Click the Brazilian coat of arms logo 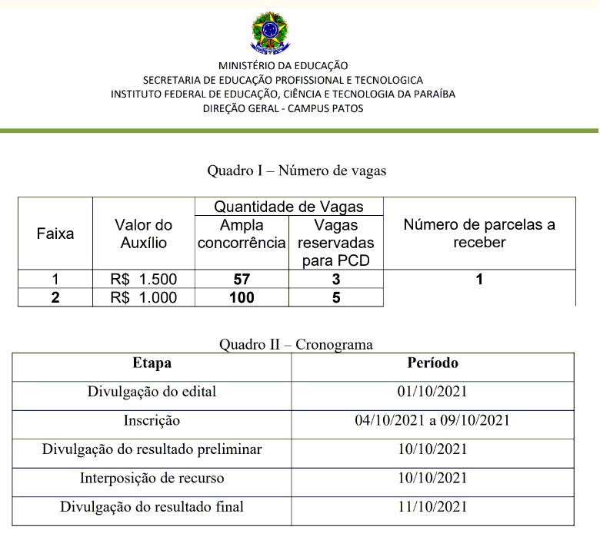pyautogui.click(x=271, y=32)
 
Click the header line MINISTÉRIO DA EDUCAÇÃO pyautogui.click(x=283, y=66)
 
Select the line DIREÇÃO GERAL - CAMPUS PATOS pyautogui.click(x=283, y=108)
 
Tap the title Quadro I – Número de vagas pyautogui.click(x=297, y=171)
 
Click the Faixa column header pyautogui.click(x=55, y=234)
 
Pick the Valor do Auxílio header pyautogui.click(x=144, y=234)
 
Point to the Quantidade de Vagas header pyautogui.click(x=288, y=207)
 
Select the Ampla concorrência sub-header pyautogui.click(x=242, y=234)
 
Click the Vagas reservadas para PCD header pyautogui.click(x=336, y=243)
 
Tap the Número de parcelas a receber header pyautogui.click(x=479, y=234)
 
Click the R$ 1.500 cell pyautogui.click(x=144, y=280)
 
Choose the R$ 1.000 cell pyautogui.click(x=144, y=297)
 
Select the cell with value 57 pyautogui.click(x=242, y=280)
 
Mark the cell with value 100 pyautogui.click(x=242, y=297)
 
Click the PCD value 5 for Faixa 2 pyautogui.click(x=336, y=297)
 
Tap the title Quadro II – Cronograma pyautogui.click(x=296, y=344)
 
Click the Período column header pyautogui.click(x=432, y=363)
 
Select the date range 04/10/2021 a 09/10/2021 pyautogui.click(x=432, y=420)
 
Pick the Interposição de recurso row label pyautogui.click(x=152, y=478)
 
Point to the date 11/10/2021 pyautogui.click(x=432, y=506)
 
